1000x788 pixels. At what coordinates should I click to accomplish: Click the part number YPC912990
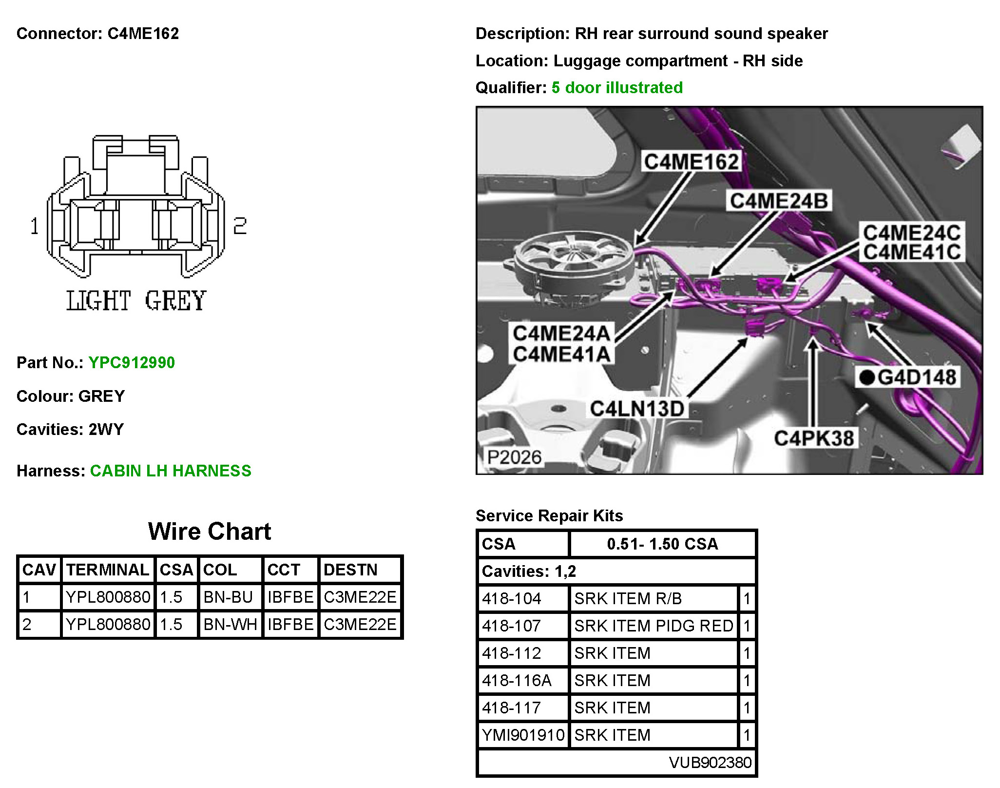tap(132, 363)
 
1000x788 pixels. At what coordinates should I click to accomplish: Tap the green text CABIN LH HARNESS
tap(171, 471)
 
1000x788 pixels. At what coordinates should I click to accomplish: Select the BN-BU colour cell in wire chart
tap(228, 597)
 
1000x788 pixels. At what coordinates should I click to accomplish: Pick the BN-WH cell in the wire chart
tap(230, 625)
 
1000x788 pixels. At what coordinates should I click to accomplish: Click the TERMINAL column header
tap(108, 570)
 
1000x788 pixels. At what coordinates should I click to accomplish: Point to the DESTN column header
tap(350, 570)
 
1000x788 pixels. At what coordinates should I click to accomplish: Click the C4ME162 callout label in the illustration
tap(691, 162)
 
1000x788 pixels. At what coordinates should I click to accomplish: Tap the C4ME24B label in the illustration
tap(778, 201)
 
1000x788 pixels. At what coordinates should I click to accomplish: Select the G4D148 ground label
tap(908, 377)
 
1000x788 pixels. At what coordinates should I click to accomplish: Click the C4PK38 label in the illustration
tap(813, 438)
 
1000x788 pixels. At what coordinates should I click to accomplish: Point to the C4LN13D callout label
tap(637, 409)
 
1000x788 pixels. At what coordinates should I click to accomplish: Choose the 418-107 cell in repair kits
tap(512, 626)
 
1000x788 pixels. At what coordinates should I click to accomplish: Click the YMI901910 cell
tap(523, 735)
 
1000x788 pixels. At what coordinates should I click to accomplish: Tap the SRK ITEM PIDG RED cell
tap(654, 626)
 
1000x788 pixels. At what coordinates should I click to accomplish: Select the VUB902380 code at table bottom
tap(710, 762)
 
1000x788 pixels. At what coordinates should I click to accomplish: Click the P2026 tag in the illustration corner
tap(514, 457)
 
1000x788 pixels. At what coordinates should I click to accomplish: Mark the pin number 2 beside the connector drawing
tap(240, 226)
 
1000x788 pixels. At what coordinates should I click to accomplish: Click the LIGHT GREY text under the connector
tap(136, 300)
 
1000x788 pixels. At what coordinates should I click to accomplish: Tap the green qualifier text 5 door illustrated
tap(617, 88)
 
